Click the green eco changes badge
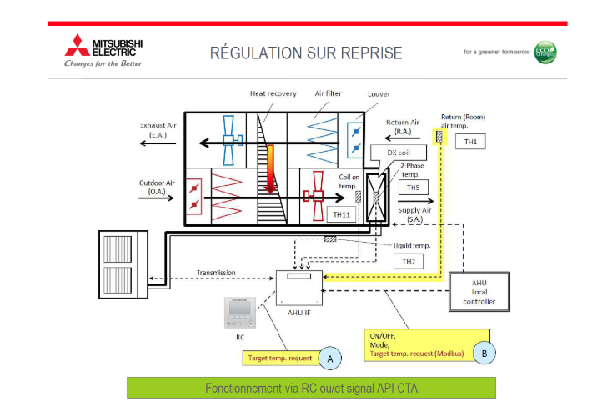(545, 52)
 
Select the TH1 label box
(471, 141)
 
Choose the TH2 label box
(409, 260)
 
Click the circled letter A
(330, 358)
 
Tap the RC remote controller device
(240, 312)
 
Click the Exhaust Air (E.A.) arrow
(159, 143)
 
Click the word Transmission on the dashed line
(216, 273)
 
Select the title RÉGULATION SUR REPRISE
(306, 53)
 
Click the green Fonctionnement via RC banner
(311, 388)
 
